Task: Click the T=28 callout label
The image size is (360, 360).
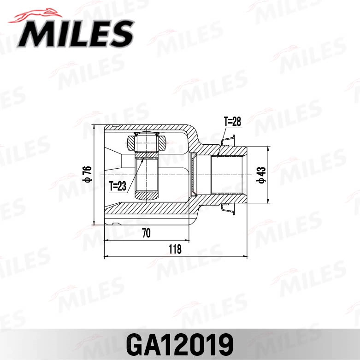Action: pyautogui.click(x=232, y=122)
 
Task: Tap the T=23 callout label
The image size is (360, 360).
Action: pyautogui.click(x=118, y=186)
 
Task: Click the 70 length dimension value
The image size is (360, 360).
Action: pyautogui.click(x=146, y=234)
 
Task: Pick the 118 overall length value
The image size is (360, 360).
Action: pyautogui.click(x=174, y=249)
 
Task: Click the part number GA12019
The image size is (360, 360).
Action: pyautogui.click(x=180, y=343)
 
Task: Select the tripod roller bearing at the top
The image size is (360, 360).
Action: pyautogui.click(x=147, y=142)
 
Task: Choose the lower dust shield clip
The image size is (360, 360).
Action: pyautogui.click(x=228, y=209)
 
